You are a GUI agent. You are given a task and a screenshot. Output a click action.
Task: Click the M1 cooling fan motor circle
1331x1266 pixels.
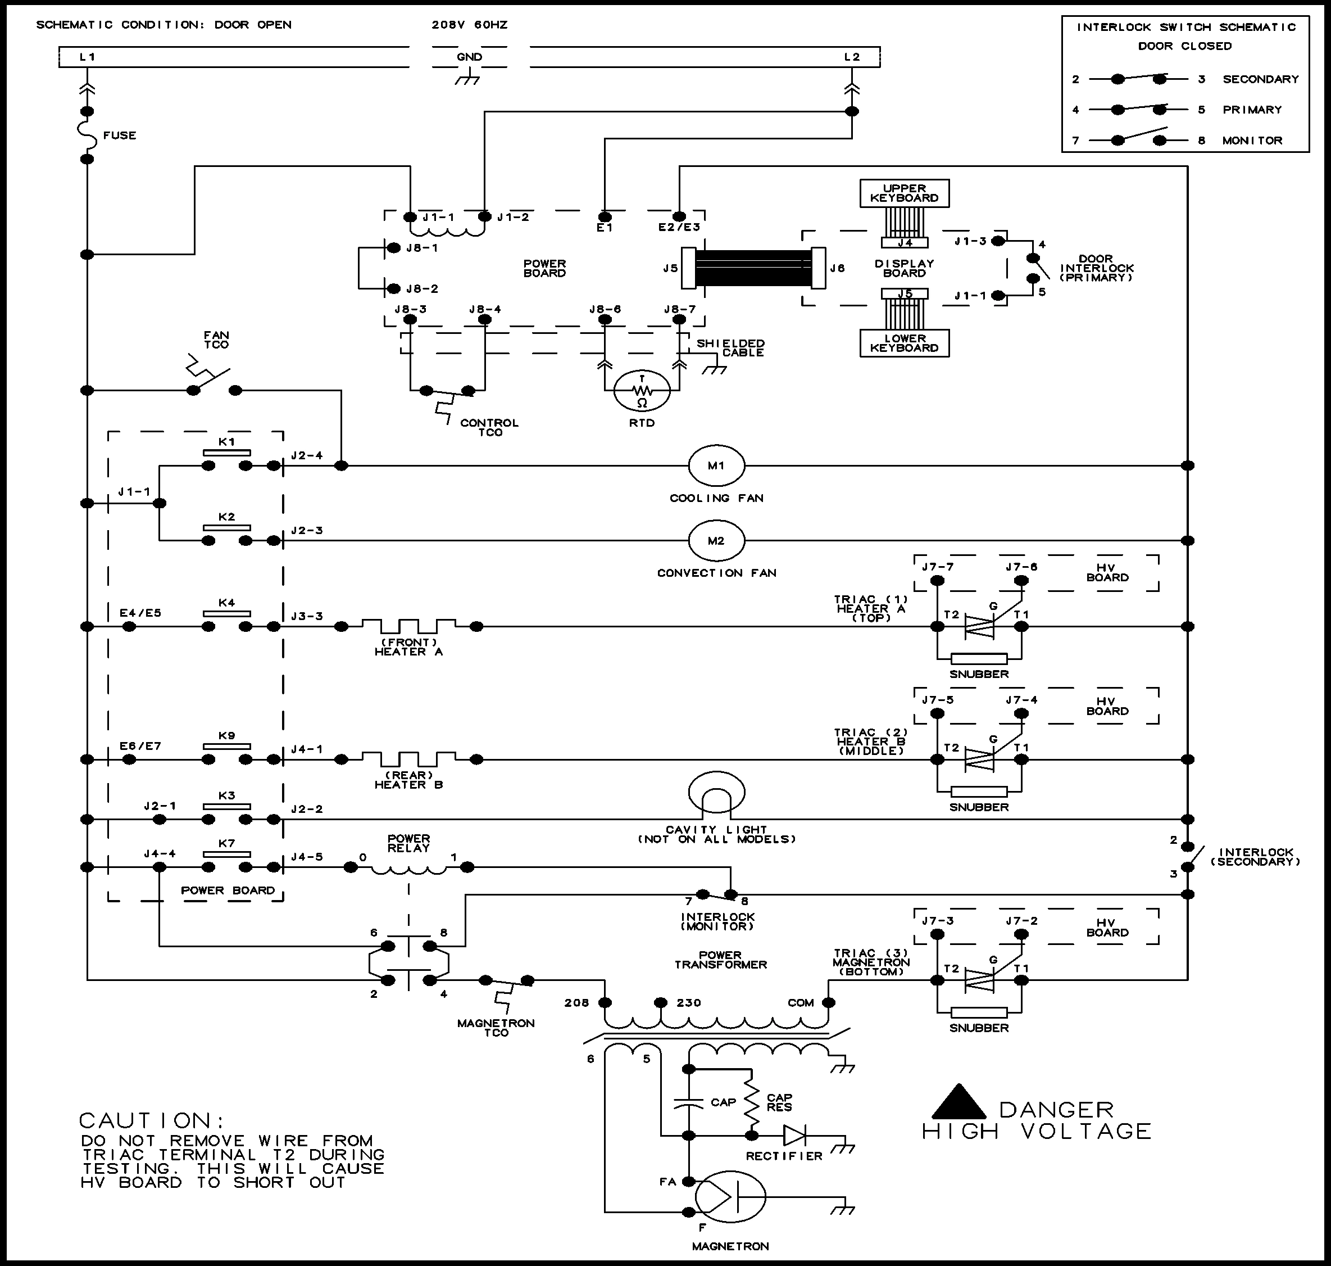[716, 465]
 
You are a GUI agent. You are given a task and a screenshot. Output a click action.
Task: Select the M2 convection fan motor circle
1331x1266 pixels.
[716, 541]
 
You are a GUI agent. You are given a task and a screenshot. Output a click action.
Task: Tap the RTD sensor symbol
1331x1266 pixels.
[642, 391]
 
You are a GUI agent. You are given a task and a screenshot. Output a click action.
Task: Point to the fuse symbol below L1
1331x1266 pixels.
[88, 135]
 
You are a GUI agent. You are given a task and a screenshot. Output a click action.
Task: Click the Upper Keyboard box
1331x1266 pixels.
[904, 193]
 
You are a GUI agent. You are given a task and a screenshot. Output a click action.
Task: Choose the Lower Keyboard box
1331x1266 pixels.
[904, 343]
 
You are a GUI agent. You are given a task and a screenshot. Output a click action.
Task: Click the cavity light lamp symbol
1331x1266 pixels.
[716, 794]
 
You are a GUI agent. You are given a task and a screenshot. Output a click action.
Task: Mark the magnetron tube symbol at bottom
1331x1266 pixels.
[730, 1196]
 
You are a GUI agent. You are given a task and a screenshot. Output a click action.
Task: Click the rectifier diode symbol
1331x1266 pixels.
[794, 1136]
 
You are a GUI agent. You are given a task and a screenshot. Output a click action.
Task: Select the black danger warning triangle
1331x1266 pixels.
[958, 1102]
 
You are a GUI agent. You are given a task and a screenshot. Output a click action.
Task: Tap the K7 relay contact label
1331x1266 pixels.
[226, 844]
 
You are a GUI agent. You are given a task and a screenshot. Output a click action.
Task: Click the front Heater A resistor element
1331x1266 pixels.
[409, 625]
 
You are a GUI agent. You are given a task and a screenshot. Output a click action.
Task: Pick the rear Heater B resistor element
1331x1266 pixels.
[409, 758]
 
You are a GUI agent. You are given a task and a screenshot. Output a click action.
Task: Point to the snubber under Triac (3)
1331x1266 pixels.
[978, 1012]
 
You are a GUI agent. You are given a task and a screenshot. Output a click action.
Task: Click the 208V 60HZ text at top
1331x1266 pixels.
[470, 25]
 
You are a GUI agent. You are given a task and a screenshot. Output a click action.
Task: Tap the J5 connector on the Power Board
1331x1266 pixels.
[688, 268]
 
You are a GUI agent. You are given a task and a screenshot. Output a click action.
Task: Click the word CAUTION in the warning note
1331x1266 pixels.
[151, 1121]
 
